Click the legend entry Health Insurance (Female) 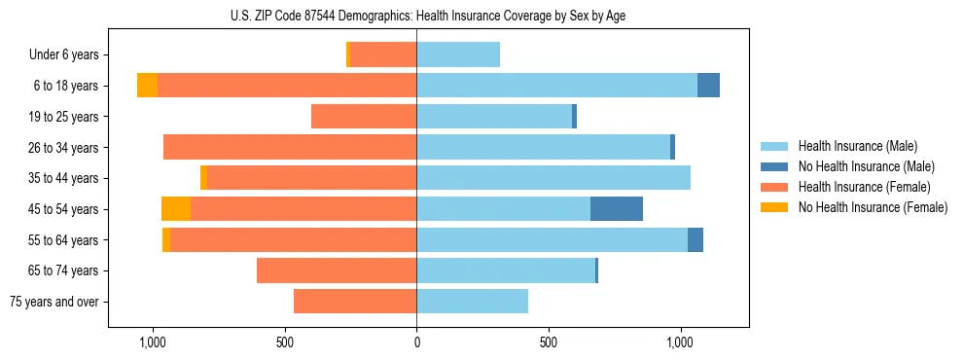point(864,187)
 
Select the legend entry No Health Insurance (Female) point(873,207)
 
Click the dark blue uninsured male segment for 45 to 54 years point(617,209)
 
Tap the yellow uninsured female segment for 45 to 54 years point(176,209)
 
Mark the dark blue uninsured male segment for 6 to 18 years point(708,86)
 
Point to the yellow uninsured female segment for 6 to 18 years point(147,86)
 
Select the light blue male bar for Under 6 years point(458,55)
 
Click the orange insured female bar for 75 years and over point(355,302)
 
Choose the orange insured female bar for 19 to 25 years point(364,117)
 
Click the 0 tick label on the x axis point(416,342)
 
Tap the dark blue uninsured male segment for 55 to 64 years point(695,240)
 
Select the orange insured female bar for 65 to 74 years point(337,270)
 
